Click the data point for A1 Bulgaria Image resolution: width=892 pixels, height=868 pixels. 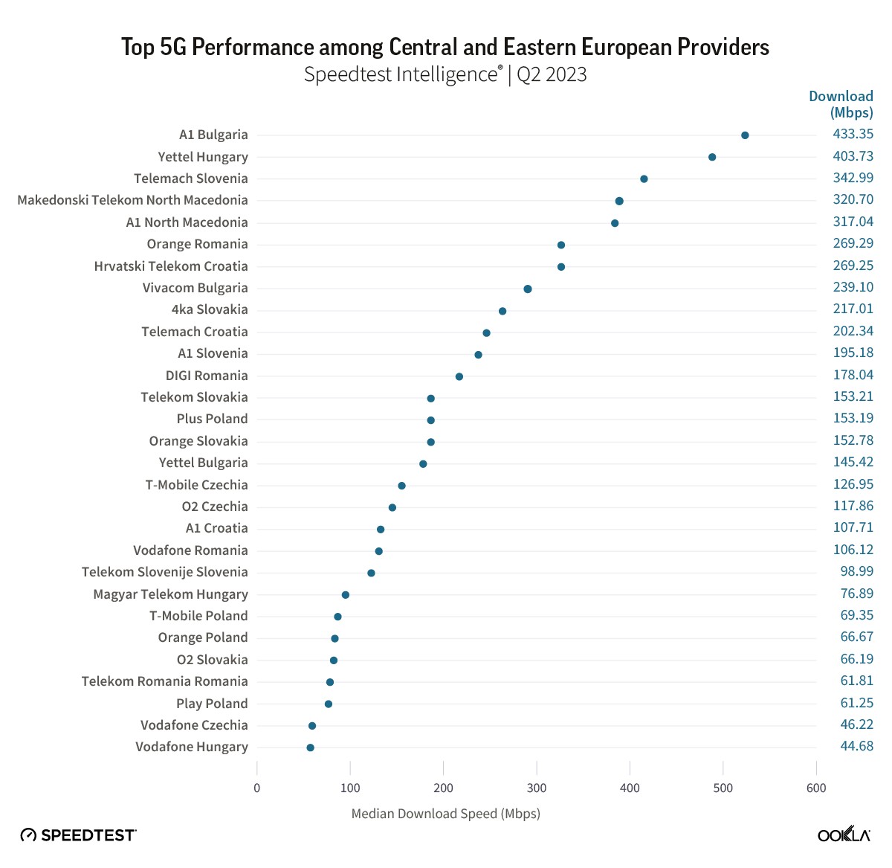(x=745, y=135)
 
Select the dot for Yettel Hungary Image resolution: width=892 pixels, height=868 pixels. (x=712, y=157)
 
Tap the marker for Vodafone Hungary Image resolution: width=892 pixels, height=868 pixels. (x=310, y=748)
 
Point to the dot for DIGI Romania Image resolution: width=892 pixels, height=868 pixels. (x=459, y=376)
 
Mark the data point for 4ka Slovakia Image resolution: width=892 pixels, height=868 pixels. (x=502, y=311)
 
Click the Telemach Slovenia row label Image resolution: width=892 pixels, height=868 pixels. (x=191, y=179)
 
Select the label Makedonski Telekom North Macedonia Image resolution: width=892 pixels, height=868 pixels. (x=132, y=200)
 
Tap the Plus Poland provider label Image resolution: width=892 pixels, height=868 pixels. (x=212, y=419)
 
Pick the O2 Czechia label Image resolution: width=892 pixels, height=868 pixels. (x=215, y=507)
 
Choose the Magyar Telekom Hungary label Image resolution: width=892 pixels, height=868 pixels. (x=170, y=594)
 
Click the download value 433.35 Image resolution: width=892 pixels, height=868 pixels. (x=853, y=134)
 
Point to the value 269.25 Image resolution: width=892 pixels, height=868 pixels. (x=853, y=266)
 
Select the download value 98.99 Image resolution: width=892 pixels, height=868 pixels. (x=856, y=571)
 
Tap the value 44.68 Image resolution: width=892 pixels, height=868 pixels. (x=856, y=746)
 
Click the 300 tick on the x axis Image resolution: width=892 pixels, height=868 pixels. (x=537, y=788)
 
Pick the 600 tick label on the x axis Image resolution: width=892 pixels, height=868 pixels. (x=816, y=788)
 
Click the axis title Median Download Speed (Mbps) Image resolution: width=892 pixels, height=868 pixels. (x=445, y=814)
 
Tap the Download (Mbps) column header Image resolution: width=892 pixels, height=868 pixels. (x=841, y=104)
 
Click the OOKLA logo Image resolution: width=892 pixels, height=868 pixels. (x=844, y=835)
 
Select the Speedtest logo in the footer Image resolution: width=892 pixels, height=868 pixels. (x=79, y=835)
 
